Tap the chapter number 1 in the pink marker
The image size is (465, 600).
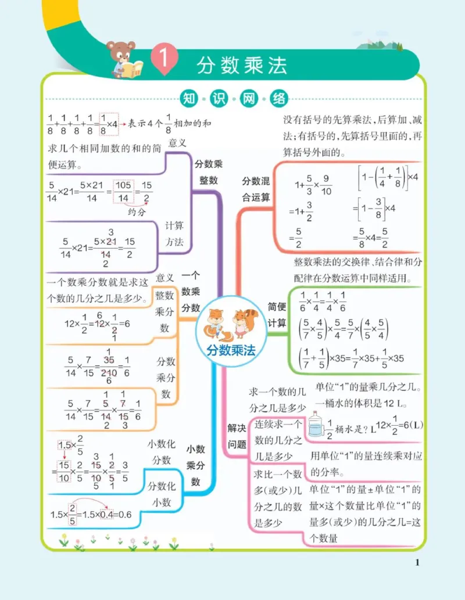(x=162, y=60)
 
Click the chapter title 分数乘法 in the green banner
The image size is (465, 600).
(x=242, y=64)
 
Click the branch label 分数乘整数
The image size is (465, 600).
(x=208, y=171)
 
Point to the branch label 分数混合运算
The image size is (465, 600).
(x=256, y=189)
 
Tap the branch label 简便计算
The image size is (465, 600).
(x=277, y=314)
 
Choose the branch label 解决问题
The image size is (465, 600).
(x=236, y=436)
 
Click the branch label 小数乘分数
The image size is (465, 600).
(x=196, y=465)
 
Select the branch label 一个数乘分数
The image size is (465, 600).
(x=191, y=291)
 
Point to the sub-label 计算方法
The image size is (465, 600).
(x=174, y=234)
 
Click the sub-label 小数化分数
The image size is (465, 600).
(x=162, y=452)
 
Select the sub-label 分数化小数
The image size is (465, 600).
(x=162, y=494)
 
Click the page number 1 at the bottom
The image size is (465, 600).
(x=417, y=562)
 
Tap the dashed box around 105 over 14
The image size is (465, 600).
(x=123, y=192)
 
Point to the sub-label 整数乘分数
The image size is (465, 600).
(x=164, y=311)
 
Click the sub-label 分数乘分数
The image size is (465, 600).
(x=166, y=378)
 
